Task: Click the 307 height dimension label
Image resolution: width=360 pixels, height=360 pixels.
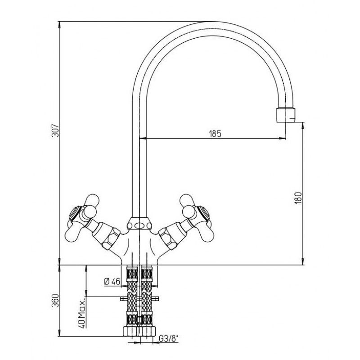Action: click(55, 130)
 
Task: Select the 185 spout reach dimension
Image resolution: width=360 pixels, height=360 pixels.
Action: click(215, 133)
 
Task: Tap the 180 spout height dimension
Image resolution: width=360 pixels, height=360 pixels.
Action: click(298, 198)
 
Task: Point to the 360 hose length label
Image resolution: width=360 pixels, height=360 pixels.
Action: click(55, 300)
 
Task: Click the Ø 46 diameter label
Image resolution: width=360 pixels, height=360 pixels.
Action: click(112, 281)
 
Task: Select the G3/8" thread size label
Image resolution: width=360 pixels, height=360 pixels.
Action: click(169, 339)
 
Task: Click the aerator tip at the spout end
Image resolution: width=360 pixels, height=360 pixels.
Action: click(286, 115)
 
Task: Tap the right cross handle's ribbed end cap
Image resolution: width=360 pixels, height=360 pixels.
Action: click(203, 213)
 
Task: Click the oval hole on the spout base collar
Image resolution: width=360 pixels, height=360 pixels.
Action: click(139, 225)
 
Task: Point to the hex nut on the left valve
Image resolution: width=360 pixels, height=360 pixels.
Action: click(112, 239)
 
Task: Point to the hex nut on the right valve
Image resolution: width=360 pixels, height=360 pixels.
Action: click(167, 239)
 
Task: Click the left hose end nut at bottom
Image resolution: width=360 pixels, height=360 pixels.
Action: click(130, 331)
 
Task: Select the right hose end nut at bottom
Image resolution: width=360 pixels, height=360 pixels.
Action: click(148, 331)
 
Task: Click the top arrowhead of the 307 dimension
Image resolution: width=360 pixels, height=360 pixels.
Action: click(59, 25)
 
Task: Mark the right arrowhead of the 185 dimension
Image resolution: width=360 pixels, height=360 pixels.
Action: click(283, 139)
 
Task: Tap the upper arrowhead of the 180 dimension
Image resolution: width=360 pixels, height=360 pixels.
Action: click(303, 126)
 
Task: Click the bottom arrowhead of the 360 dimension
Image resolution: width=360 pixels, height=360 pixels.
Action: click(59, 333)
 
